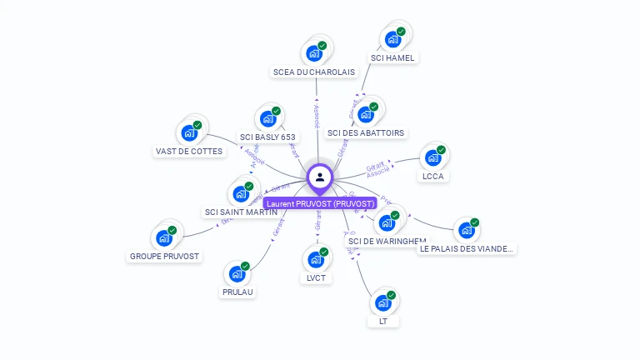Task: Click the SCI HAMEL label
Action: [393, 58]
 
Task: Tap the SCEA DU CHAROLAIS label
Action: [313, 72]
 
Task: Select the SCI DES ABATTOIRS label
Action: [366, 133]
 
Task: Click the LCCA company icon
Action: [432, 157]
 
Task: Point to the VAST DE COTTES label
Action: [189, 152]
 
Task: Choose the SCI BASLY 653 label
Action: [267, 137]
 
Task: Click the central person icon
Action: [320, 177]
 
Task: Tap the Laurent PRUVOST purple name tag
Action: [321, 203]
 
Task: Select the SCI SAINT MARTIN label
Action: [241, 212]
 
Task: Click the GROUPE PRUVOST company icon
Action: [163, 237]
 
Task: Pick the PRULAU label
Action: [237, 292]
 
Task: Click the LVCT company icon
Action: [315, 259]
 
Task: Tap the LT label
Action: [383, 322]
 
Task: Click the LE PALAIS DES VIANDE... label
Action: [467, 248]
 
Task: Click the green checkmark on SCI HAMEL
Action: [401, 32]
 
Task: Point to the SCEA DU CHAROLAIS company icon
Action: [314, 53]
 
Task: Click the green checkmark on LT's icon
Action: [391, 295]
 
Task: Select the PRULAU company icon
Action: [237, 272]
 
